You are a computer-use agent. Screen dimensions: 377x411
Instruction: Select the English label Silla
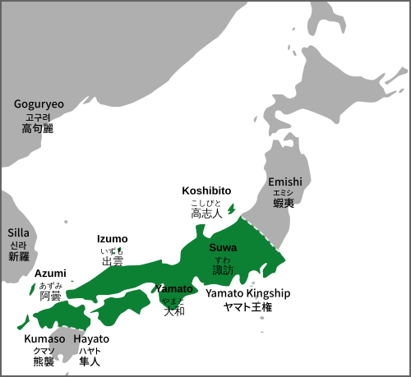[18, 233]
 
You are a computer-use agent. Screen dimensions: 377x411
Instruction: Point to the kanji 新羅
[18, 257]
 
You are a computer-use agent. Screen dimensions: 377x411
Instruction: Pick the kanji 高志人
[206, 214]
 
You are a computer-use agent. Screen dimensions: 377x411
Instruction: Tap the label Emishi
[285, 182]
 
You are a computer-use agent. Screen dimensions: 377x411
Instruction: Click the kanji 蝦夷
[285, 204]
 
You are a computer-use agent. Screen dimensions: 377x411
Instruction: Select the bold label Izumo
[113, 239]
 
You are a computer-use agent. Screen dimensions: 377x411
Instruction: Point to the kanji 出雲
[113, 262]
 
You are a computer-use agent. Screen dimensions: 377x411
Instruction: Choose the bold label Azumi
[50, 273]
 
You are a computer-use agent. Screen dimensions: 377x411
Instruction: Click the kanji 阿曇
[50, 296]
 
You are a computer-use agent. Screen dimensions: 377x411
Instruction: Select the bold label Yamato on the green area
[174, 289]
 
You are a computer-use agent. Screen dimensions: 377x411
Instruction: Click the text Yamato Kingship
[248, 292]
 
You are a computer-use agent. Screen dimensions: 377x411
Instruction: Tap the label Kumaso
[44, 338]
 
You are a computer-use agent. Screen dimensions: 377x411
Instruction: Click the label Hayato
[91, 338]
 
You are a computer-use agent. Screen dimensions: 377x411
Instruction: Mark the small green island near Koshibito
[231, 210]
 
